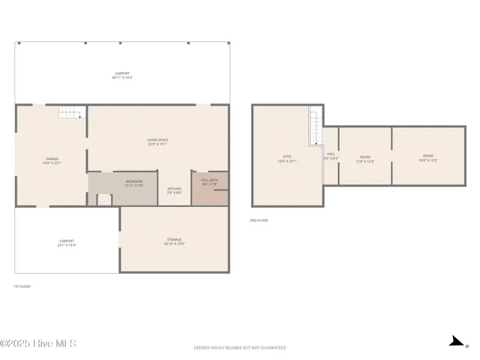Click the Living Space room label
(x=157, y=141)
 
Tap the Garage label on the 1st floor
(x=52, y=160)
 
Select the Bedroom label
(x=133, y=183)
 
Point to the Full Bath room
(x=209, y=182)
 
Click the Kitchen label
(x=174, y=190)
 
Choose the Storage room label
(x=174, y=241)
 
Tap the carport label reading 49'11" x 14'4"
(x=121, y=75)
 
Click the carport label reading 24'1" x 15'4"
(x=67, y=243)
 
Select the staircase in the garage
(x=70, y=113)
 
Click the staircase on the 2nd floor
(x=315, y=127)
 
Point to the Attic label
(x=287, y=158)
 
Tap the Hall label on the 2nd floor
(x=331, y=156)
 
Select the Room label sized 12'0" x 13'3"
(x=364, y=159)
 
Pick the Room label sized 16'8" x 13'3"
(x=427, y=159)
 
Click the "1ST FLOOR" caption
(x=22, y=286)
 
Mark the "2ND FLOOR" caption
(x=259, y=220)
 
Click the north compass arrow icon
(x=454, y=342)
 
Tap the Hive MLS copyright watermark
(x=38, y=344)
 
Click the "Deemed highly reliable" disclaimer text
(x=240, y=348)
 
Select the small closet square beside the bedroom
(x=104, y=199)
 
